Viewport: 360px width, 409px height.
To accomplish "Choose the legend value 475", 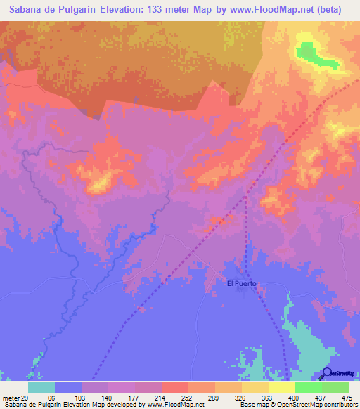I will pyautogui.click(x=346, y=397).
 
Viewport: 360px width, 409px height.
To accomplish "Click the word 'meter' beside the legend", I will pyautogui.click(x=10, y=397).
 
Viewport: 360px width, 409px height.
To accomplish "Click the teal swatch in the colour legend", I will pyautogui.click(x=41, y=387).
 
